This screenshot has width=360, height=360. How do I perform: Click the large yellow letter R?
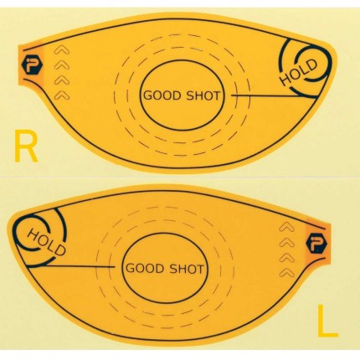[x=26, y=146]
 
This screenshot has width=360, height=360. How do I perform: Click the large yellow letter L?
[x=327, y=321]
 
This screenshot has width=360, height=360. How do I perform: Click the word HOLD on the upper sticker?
[x=299, y=73]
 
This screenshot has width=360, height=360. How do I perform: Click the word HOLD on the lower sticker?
[x=47, y=242]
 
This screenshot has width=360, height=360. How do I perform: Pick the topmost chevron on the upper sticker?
[x=62, y=51]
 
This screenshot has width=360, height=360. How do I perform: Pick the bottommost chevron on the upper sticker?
[x=62, y=95]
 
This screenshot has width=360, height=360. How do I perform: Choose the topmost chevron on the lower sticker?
[x=287, y=227]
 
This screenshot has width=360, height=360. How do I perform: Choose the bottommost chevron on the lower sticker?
[x=287, y=272]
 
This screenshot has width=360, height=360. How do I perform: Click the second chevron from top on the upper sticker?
[x=62, y=65]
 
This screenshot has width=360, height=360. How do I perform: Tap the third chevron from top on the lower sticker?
[x=287, y=257]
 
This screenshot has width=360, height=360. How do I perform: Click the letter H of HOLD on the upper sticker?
[x=286, y=80]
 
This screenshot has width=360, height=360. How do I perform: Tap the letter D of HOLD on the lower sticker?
[x=60, y=249]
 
